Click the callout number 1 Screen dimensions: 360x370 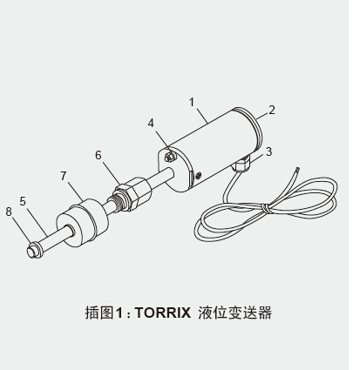[x=192, y=102]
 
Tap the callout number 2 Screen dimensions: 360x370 [x=272, y=110]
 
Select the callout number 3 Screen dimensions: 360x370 [x=269, y=151]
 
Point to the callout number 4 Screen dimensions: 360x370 [x=151, y=123]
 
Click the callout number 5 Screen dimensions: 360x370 [x=23, y=201]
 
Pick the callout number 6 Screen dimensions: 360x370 [x=98, y=155]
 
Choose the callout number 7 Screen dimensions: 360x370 [x=64, y=176]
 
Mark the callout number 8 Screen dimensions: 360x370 [x=9, y=212]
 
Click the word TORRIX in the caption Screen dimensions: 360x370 [x=163, y=313]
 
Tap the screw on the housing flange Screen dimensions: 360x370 [x=170, y=157]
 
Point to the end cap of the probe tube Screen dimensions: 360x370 [x=35, y=250]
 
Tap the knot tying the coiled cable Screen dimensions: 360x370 [x=265, y=208]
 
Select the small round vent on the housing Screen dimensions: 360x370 [x=199, y=176]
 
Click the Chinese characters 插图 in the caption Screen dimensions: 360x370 [x=99, y=313]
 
